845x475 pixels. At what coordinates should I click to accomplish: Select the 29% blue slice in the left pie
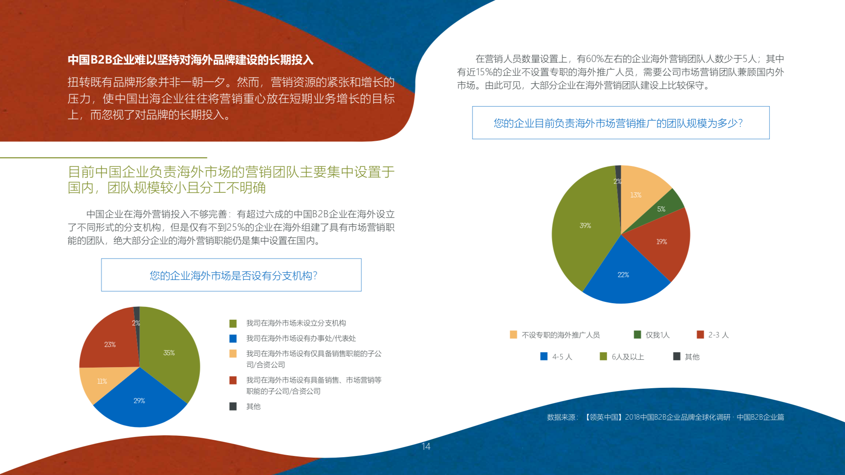(140, 400)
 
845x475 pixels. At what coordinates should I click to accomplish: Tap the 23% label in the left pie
(110, 344)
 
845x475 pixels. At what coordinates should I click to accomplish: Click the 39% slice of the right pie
(585, 226)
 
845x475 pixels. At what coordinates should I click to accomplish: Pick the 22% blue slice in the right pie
(623, 275)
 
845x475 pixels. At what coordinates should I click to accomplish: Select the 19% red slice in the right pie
(662, 242)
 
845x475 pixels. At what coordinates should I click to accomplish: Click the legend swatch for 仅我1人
(637, 334)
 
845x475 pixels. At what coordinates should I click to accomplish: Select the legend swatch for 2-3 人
(700, 334)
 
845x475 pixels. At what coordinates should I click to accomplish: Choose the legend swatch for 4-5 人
(544, 356)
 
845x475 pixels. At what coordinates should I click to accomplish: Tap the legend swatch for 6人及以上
(603, 356)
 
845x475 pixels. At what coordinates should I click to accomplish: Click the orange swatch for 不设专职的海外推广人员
(513, 334)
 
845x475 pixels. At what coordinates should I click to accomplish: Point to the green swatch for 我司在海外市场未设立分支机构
(233, 323)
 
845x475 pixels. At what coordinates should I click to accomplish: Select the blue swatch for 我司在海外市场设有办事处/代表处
(233, 338)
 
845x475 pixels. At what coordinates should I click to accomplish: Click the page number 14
(426, 446)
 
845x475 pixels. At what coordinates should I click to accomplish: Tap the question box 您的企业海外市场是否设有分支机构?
(231, 275)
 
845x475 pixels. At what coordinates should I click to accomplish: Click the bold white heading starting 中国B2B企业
(190, 60)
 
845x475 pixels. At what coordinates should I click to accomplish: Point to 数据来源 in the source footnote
(561, 417)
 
